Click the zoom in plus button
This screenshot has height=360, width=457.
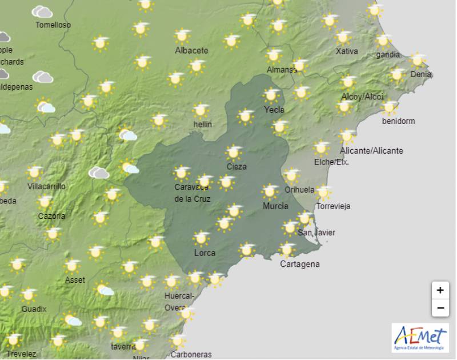tap(440, 290)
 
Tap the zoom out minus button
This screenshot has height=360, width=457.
tap(440, 308)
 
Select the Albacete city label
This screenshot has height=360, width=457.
tap(191, 50)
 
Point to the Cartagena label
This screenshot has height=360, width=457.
tap(300, 264)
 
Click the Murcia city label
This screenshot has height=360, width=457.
tap(275, 206)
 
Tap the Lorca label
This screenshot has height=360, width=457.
tap(205, 252)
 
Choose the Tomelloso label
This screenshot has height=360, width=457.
tap(53, 25)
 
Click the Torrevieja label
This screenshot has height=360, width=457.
tap(333, 206)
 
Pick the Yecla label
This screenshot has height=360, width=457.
tap(274, 109)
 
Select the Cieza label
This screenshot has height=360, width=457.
tap(236, 166)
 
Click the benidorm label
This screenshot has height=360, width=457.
tap(399, 121)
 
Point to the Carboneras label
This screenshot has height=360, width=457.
tap(191, 354)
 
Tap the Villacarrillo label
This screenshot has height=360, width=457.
tap(46, 186)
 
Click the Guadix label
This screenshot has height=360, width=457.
tap(34, 309)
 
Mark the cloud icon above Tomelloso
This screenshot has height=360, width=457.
tap(42, 12)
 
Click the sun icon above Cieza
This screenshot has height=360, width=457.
tap(233, 153)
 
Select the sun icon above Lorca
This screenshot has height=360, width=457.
tap(201, 238)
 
